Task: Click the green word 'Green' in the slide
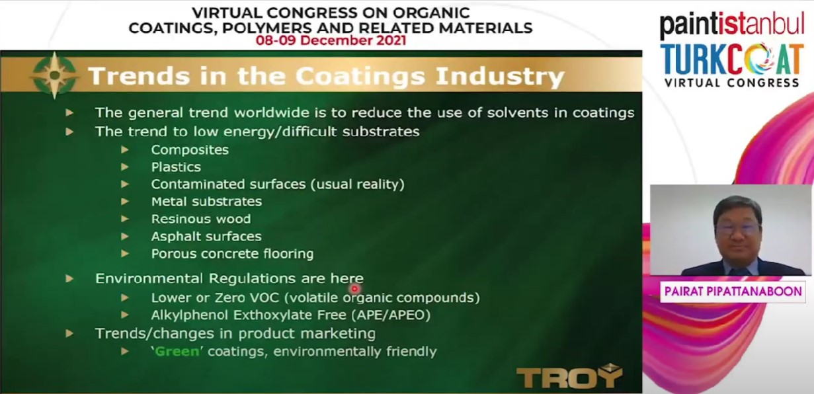pos(177,352)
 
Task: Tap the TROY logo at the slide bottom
pos(569,376)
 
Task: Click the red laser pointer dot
pos(354,289)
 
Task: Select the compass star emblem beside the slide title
pos(54,75)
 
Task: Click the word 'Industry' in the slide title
pos(500,77)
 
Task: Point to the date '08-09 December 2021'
pos(331,40)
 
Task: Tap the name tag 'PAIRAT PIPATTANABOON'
pos(733,292)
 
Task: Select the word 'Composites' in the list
pos(190,149)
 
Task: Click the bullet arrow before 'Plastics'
pos(124,167)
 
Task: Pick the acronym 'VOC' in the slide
pos(265,297)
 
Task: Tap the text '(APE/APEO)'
pos(391,315)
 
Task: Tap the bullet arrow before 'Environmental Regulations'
pos(69,278)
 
